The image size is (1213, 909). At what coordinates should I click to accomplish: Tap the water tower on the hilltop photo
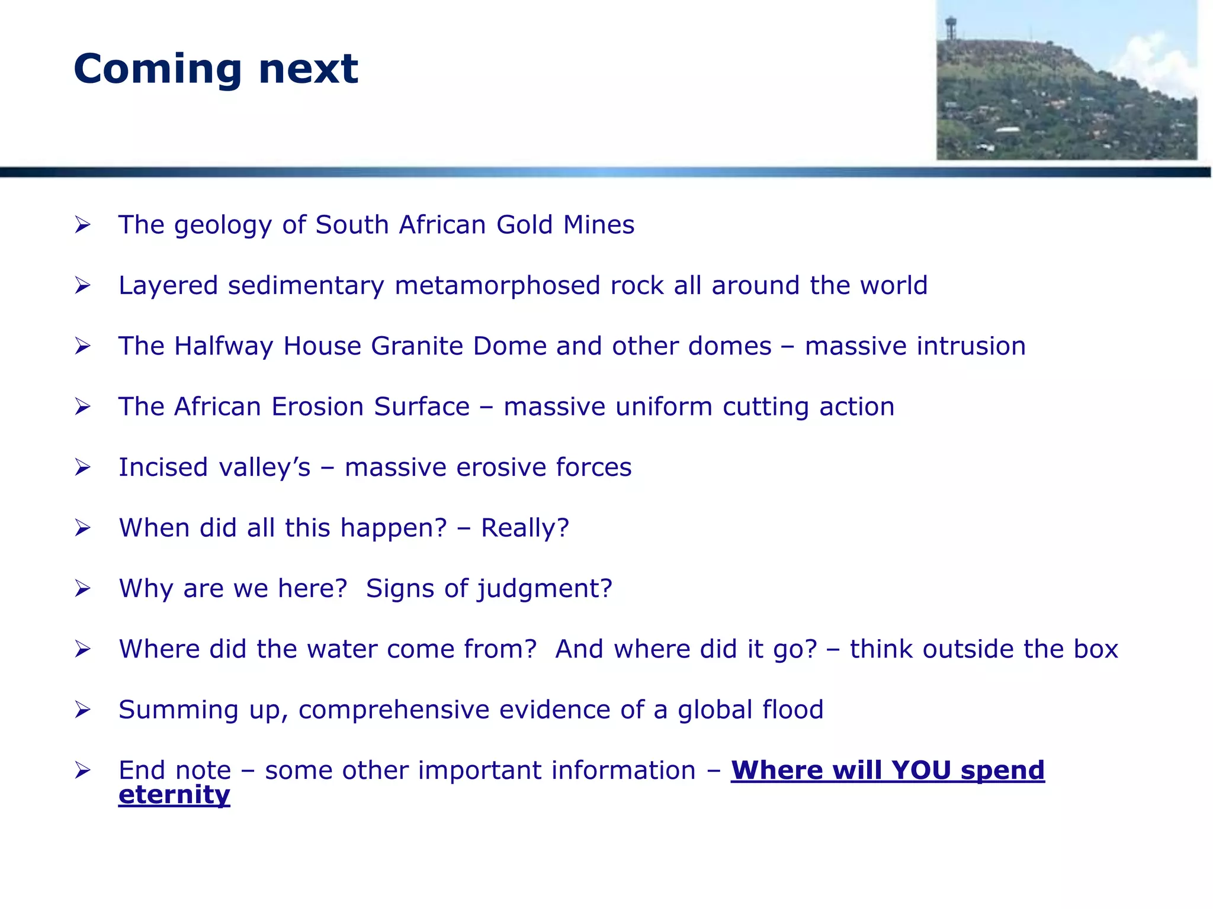(x=951, y=27)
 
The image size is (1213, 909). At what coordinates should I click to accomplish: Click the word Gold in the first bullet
(x=524, y=225)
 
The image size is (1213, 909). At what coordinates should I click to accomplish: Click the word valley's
(x=265, y=468)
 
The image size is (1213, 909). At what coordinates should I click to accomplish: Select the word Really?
(x=525, y=528)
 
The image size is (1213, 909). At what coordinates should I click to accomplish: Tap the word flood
(x=793, y=710)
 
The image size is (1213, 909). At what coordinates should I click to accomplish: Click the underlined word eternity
(x=174, y=795)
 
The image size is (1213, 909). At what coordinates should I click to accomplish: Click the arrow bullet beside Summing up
(x=82, y=710)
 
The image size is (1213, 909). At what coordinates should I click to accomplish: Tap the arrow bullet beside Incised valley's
(x=82, y=468)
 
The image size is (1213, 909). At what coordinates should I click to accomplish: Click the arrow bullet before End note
(x=82, y=771)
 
